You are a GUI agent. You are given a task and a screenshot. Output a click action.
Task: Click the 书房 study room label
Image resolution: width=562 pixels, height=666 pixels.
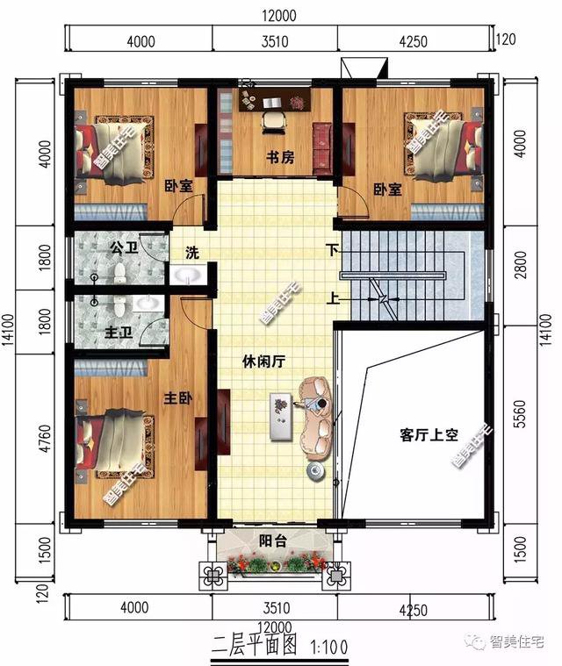click(279, 158)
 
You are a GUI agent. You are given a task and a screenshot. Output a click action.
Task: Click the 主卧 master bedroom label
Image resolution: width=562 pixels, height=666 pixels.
click(178, 398)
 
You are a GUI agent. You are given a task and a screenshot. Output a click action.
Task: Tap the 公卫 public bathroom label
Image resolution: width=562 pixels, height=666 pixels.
click(124, 248)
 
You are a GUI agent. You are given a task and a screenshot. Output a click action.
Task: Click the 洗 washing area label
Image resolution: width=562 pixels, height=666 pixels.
click(192, 254)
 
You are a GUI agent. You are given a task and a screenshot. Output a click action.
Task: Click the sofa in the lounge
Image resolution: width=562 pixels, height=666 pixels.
click(317, 416)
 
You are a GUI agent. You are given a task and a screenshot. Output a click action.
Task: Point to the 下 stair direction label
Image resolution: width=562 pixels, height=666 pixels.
click(333, 248)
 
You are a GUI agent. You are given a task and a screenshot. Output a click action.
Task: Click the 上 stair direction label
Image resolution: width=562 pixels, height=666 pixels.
click(335, 296)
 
